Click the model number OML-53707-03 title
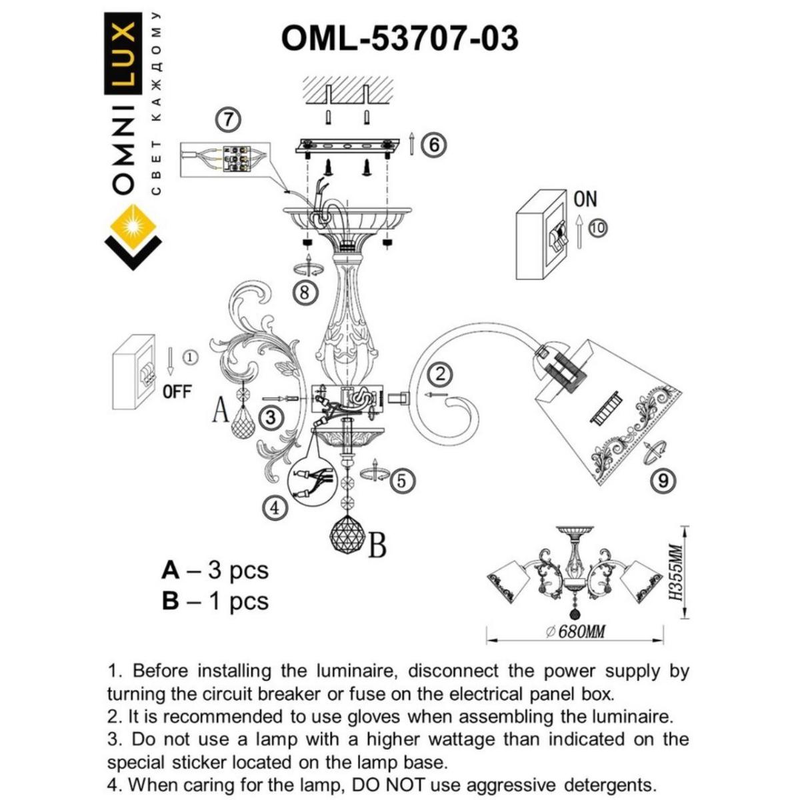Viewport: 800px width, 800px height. point(399,38)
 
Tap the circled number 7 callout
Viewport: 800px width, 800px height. point(229,120)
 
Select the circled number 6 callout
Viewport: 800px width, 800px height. point(434,144)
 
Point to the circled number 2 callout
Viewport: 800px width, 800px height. point(440,374)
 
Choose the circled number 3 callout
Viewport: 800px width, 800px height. point(270,418)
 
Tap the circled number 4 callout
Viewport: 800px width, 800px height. point(274,508)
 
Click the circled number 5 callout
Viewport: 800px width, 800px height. point(401,481)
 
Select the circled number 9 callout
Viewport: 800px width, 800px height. point(662,480)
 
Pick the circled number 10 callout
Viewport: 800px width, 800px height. point(598,228)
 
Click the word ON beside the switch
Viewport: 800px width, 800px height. point(585,199)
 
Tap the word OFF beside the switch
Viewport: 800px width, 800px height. point(177,392)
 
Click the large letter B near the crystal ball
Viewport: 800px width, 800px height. point(377,546)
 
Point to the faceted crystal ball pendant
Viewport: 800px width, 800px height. point(348,533)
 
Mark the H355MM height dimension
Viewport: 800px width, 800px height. point(676,572)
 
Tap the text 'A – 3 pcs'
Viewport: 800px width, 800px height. point(215,571)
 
